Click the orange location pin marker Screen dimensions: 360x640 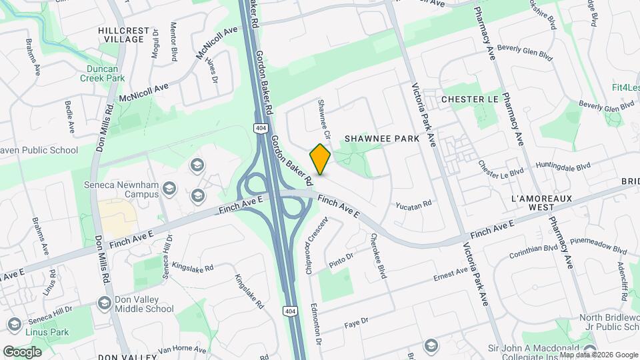click(321, 159)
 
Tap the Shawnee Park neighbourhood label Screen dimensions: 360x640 click(382, 139)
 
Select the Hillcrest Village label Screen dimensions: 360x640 click(121, 35)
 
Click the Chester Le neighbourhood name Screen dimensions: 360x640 click(470, 99)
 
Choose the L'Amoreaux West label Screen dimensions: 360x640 click(543, 203)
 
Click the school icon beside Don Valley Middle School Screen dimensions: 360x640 click(104, 303)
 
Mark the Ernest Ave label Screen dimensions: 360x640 click(452, 273)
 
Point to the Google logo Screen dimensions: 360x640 click(22, 351)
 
